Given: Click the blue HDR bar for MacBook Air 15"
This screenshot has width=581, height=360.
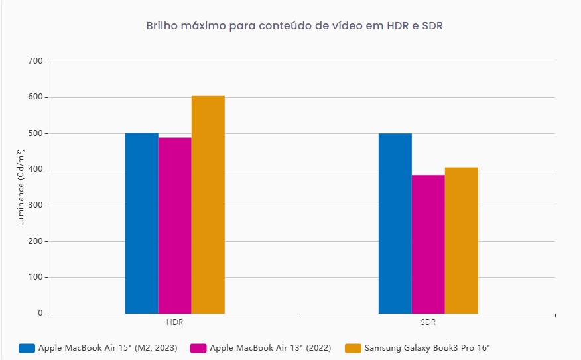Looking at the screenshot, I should [141, 223].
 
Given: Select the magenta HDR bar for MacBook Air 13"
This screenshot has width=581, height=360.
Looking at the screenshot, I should [174, 225].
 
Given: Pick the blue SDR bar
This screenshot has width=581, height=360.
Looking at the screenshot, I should [395, 223].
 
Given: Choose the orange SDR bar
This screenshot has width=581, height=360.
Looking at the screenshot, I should [461, 240].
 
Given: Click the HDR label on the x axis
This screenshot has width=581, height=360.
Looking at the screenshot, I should [175, 323].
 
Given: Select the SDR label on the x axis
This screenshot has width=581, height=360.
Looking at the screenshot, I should [428, 323].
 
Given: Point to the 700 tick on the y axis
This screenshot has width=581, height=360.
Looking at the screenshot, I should [34, 62].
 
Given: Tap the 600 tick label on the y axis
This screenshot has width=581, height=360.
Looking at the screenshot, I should [34, 97].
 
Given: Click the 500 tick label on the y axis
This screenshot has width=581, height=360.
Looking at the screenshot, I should [34, 133].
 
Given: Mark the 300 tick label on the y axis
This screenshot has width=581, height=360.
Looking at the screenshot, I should [34, 206].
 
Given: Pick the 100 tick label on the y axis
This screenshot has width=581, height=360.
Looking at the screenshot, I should [34, 277].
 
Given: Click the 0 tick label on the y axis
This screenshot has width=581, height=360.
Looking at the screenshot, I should [40, 313].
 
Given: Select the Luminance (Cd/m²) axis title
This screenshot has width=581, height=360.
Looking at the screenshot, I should [21, 188].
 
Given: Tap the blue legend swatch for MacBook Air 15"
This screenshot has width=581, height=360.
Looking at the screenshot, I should [27, 348].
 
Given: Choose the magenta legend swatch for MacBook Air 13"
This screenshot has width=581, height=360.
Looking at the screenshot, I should [198, 348].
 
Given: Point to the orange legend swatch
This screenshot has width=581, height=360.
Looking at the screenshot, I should [353, 348].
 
